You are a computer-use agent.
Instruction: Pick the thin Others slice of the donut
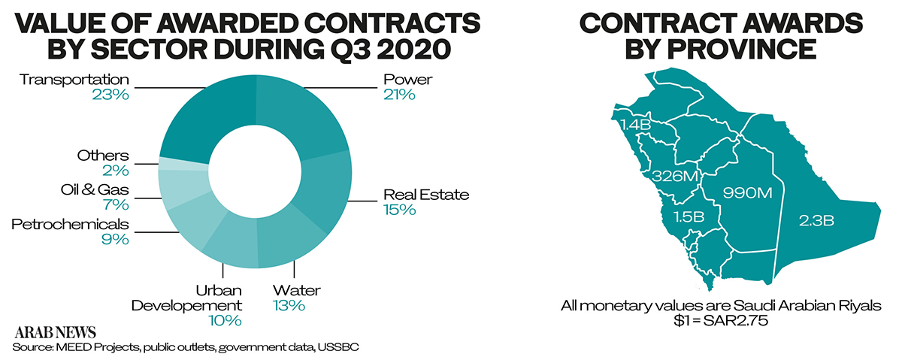pos(183,165)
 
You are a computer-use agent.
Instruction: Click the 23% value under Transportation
pos(110,95)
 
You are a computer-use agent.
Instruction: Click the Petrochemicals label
pos(71,224)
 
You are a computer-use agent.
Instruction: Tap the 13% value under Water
pos(289,305)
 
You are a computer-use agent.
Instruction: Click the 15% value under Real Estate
pos(398,210)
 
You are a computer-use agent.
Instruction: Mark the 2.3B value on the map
pos(816,220)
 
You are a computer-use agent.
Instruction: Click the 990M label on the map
pos(747,193)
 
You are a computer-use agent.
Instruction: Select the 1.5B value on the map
pos(688,217)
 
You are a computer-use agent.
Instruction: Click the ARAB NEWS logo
pos(53,331)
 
